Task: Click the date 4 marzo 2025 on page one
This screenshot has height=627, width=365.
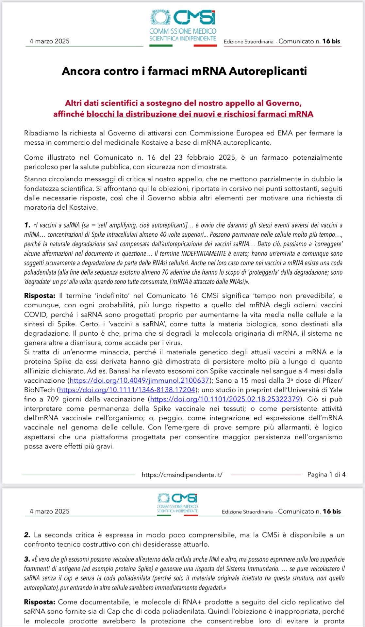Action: tap(49, 41)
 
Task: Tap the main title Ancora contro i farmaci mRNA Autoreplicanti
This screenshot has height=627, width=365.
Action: tap(184, 71)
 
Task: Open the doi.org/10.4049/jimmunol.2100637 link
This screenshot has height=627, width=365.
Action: tap(140, 380)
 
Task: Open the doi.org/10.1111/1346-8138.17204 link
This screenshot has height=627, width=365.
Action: tap(127, 390)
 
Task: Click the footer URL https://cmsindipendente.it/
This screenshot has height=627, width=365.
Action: tap(182, 475)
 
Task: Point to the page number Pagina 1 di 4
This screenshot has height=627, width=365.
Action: tap(326, 474)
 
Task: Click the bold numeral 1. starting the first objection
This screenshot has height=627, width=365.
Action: tap(27, 225)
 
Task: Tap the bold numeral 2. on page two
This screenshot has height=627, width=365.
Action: tap(27, 535)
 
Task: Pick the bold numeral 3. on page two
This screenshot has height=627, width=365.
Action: tap(27, 559)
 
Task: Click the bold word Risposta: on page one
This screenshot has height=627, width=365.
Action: tap(40, 296)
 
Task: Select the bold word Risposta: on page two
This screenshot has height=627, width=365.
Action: tap(40, 602)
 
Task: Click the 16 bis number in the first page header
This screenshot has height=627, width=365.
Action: tap(331, 41)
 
